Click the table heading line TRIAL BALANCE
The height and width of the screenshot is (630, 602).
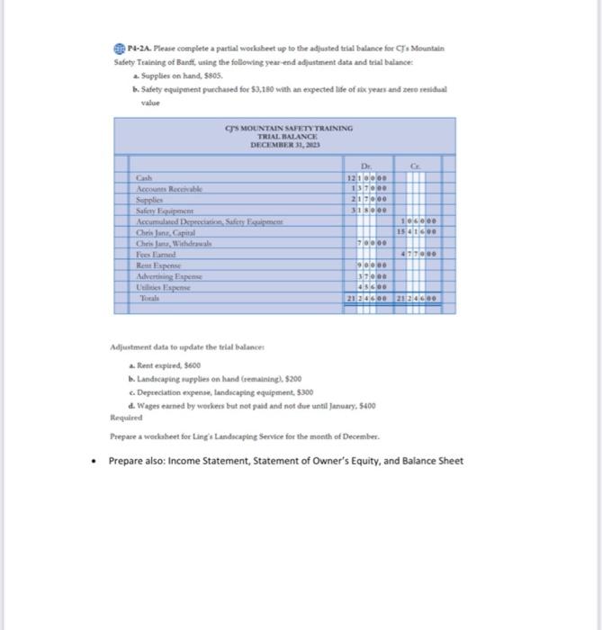click(283, 136)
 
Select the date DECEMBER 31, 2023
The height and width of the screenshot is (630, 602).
click(283, 143)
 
